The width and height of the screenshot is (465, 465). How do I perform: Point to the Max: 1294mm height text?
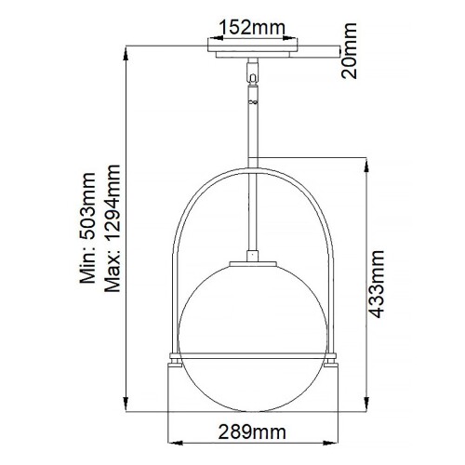pyautogui.click(x=114, y=229)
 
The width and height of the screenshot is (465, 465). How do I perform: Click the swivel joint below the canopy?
pyautogui.click(x=250, y=69)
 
